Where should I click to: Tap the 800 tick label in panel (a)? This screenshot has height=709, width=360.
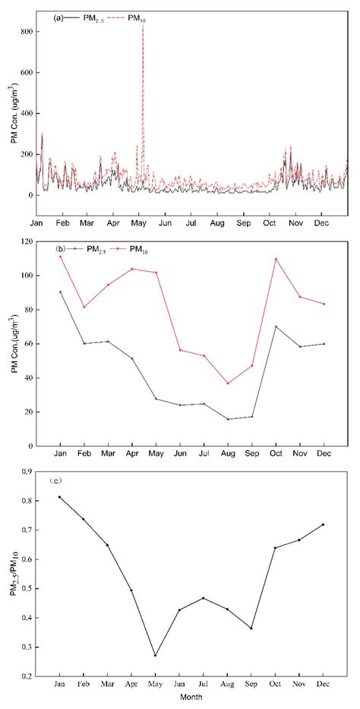(26, 32)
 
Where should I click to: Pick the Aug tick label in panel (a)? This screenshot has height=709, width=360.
(216, 225)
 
